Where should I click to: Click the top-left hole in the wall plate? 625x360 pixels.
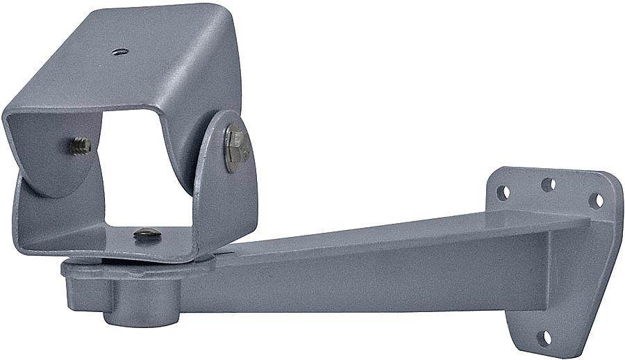point(503,192)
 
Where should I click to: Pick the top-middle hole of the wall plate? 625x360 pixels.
point(548,184)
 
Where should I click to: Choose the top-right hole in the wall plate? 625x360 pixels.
point(596,200)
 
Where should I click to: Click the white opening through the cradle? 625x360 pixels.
point(146,174)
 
